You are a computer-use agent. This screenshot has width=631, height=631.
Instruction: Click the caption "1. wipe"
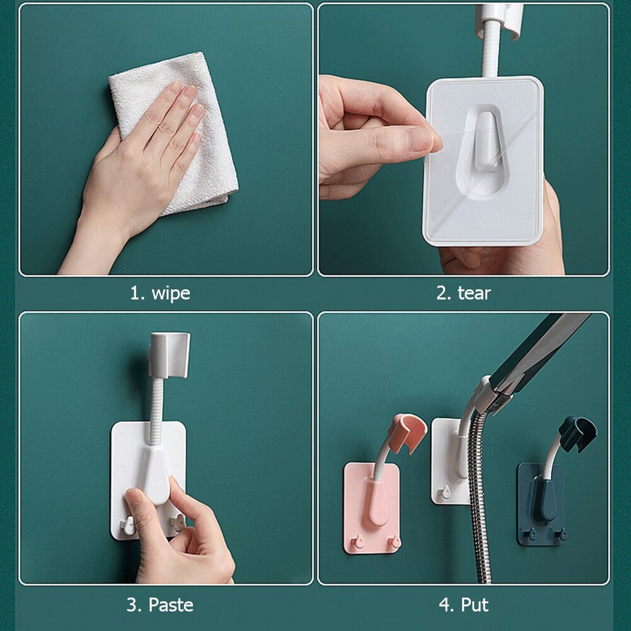point(159,293)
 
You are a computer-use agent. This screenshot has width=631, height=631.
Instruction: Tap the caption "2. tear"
point(463,293)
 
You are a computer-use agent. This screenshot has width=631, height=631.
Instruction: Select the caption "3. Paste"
point(159,605)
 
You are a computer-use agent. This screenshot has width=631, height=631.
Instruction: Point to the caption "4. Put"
point(463,605)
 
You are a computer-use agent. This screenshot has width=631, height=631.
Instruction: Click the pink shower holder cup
point(407,432)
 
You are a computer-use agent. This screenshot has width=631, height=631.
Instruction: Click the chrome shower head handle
point(536,359)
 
